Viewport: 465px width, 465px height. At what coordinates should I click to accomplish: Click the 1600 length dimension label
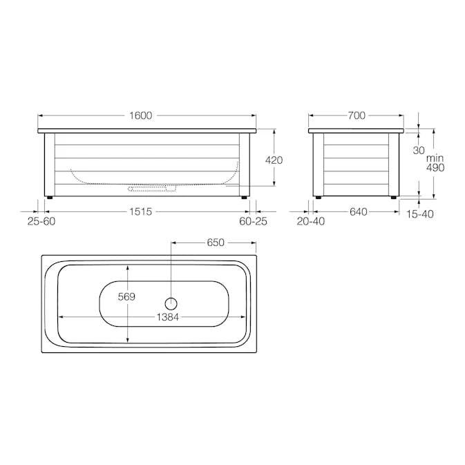click(141, 115)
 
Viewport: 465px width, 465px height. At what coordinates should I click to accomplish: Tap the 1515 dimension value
click(140, 211)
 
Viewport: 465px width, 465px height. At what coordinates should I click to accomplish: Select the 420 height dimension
click(274, 160)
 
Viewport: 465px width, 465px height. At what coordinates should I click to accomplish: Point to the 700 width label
click(356, 115)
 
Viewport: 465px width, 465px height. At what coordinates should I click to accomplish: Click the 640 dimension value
click(358, 211)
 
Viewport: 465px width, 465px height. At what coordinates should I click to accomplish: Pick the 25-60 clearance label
click(41, 221)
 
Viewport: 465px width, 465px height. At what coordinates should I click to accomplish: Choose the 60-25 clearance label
click(253, 221)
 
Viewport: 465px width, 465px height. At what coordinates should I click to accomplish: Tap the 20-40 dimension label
click(310, 221)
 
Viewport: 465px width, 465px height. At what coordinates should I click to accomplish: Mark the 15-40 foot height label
click(419, 214)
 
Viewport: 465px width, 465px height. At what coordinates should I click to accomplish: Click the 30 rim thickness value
click(419, 151)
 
